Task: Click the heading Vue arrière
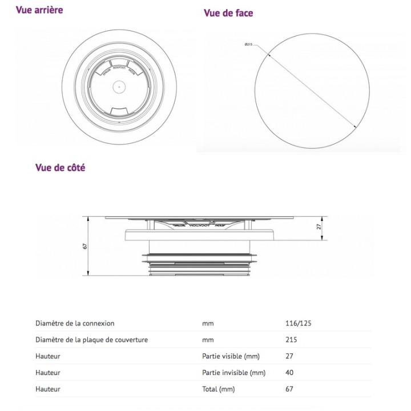40,10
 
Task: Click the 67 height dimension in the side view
84,247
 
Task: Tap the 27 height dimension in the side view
320,226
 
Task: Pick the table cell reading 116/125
298,323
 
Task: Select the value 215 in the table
292,340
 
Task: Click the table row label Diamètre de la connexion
75,323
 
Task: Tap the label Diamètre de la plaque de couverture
91,340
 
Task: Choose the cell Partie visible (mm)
231,356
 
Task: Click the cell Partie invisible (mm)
233,373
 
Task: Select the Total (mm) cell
217,389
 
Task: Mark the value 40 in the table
289,373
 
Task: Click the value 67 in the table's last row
289,389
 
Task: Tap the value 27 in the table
289,356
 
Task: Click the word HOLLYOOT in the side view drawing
192,225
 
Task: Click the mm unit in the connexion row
208,323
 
